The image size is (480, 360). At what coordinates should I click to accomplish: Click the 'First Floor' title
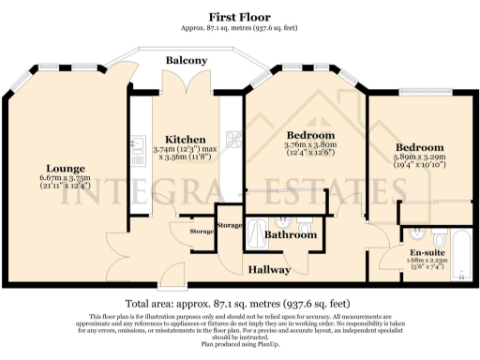240,17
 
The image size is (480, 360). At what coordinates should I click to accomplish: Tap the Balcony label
187,60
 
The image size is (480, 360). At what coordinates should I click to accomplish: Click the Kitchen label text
173,139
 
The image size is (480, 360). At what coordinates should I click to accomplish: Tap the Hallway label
270,269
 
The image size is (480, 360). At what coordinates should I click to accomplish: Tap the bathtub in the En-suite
459,246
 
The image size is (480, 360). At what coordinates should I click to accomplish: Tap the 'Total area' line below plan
240,304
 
